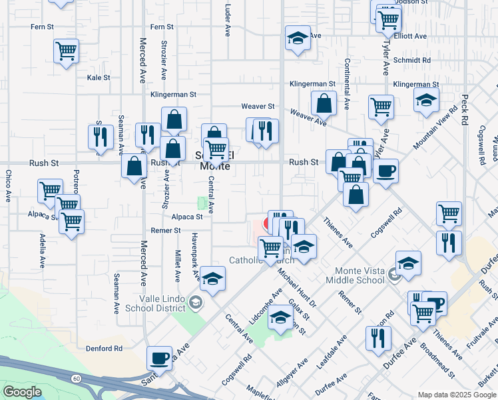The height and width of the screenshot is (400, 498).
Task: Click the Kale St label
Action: tap(98, 77)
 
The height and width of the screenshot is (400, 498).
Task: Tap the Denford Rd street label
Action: tap(104, 348)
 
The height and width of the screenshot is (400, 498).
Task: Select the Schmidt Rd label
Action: tap(411, 60)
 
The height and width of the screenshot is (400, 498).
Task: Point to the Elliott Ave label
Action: tap(410, 36)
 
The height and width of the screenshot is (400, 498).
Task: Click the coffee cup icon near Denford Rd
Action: tap(160, 357)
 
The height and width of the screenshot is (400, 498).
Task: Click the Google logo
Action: tap(22, 392)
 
